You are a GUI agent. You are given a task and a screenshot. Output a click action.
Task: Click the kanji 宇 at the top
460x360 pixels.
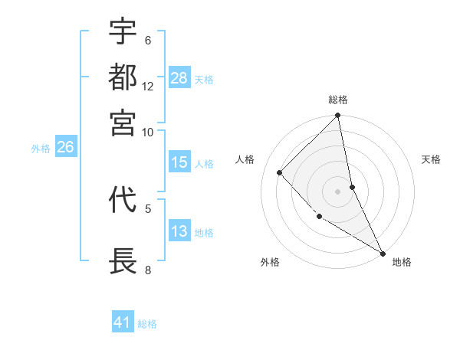(123, 31)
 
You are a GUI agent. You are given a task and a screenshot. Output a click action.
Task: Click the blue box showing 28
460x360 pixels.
(179, 77)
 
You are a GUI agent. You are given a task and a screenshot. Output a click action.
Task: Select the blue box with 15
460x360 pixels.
(179, 162)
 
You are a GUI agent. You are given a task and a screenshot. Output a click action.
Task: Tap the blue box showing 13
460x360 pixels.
(179, 231)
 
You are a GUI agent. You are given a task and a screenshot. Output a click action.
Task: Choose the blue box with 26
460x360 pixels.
(65, 148)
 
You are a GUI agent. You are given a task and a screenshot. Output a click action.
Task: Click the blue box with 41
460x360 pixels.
(123, 322)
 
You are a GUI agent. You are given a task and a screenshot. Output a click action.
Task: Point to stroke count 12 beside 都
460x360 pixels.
(148, 86)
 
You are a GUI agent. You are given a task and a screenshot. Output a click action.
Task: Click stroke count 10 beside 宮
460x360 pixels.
(148, 132)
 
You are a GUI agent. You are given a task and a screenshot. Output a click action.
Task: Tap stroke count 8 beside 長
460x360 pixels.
(148, 270)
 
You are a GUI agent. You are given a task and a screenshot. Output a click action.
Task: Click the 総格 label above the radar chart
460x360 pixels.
(338, 100)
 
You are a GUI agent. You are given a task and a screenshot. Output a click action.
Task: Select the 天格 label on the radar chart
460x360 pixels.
(432, 159)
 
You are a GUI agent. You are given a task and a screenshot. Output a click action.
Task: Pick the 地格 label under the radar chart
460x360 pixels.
(402, 262)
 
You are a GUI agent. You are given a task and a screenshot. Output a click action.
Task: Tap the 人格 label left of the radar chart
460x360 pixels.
(245, 159)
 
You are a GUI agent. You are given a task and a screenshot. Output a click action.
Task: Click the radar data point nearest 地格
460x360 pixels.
(382, 252)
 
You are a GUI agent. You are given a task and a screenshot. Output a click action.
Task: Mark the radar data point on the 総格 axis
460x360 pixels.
(338, 116)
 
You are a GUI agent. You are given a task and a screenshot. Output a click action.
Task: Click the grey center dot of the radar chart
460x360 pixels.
(338, 191)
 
